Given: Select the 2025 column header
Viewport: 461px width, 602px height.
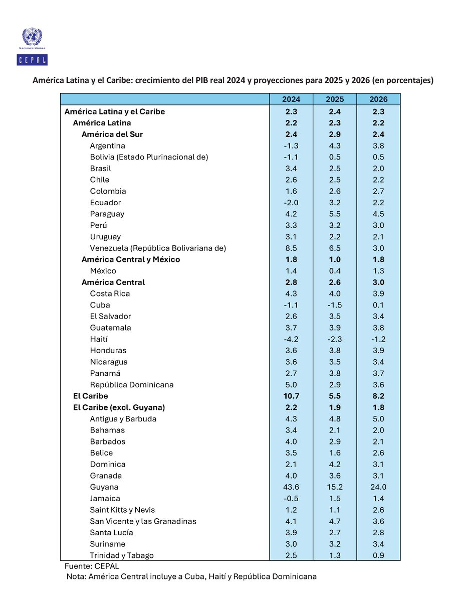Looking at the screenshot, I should [335, 99].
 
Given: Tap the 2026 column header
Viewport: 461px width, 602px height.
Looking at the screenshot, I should [378, 99].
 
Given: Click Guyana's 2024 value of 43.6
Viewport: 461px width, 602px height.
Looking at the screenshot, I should [291, 487].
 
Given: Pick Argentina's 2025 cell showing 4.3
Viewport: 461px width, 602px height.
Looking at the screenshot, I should [335, 146].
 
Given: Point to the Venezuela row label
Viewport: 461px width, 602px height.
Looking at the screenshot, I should [158, 248].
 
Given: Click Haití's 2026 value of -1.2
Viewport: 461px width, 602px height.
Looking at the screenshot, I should [378, 339].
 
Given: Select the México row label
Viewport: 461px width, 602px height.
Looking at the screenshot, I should [103, 271].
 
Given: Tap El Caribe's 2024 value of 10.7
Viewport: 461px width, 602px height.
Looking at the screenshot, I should [291, 396].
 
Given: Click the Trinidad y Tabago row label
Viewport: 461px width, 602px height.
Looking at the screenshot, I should [122, 555].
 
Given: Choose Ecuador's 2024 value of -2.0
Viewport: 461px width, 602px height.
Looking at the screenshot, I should [291, 203].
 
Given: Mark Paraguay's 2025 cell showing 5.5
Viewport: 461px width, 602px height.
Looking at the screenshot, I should [335, 214].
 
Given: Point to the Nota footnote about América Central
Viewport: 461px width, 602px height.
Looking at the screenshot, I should [191, 577].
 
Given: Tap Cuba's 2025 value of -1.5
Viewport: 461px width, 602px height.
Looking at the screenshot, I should [335, 305].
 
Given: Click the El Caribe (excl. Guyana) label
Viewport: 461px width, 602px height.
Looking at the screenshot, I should [119, 407].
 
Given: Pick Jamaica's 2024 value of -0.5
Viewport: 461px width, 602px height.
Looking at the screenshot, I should [291, 499].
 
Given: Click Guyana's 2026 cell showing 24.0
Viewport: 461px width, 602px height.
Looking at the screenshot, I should [378, 487].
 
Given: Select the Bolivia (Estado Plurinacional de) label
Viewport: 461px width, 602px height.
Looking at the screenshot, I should [149, 157].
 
